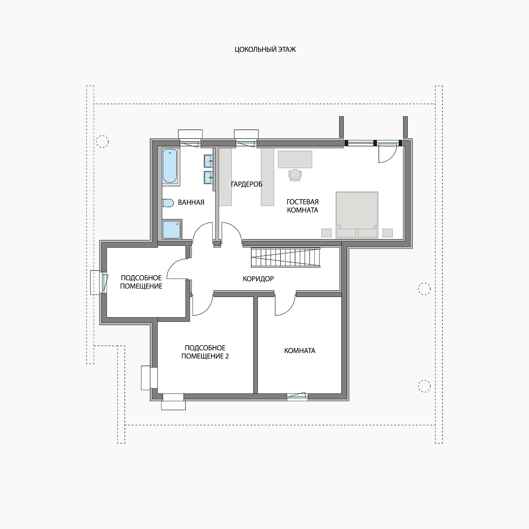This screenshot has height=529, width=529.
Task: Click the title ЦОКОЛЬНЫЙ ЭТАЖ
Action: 265,50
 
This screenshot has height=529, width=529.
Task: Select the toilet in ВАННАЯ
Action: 168,203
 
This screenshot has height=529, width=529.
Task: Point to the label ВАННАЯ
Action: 191,203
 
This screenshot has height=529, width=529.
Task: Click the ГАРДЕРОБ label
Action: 247,184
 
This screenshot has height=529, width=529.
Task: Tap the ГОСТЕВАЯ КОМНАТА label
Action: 303,206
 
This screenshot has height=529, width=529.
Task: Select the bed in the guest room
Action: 357,215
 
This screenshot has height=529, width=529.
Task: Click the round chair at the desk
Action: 295,175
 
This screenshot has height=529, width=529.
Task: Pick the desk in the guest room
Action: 295,159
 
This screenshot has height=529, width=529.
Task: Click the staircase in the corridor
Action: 286,257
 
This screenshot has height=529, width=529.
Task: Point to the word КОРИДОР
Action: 258,279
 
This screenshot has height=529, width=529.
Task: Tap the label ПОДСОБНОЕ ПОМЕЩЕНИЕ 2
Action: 205,352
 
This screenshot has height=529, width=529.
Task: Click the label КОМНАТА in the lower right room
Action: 300,350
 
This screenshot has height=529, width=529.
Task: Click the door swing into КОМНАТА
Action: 285,305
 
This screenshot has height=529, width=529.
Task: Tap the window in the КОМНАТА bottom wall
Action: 297,396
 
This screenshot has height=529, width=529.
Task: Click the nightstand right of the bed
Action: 388,233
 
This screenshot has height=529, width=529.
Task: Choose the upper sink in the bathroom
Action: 208,161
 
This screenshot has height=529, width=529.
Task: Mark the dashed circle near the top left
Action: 102,142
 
